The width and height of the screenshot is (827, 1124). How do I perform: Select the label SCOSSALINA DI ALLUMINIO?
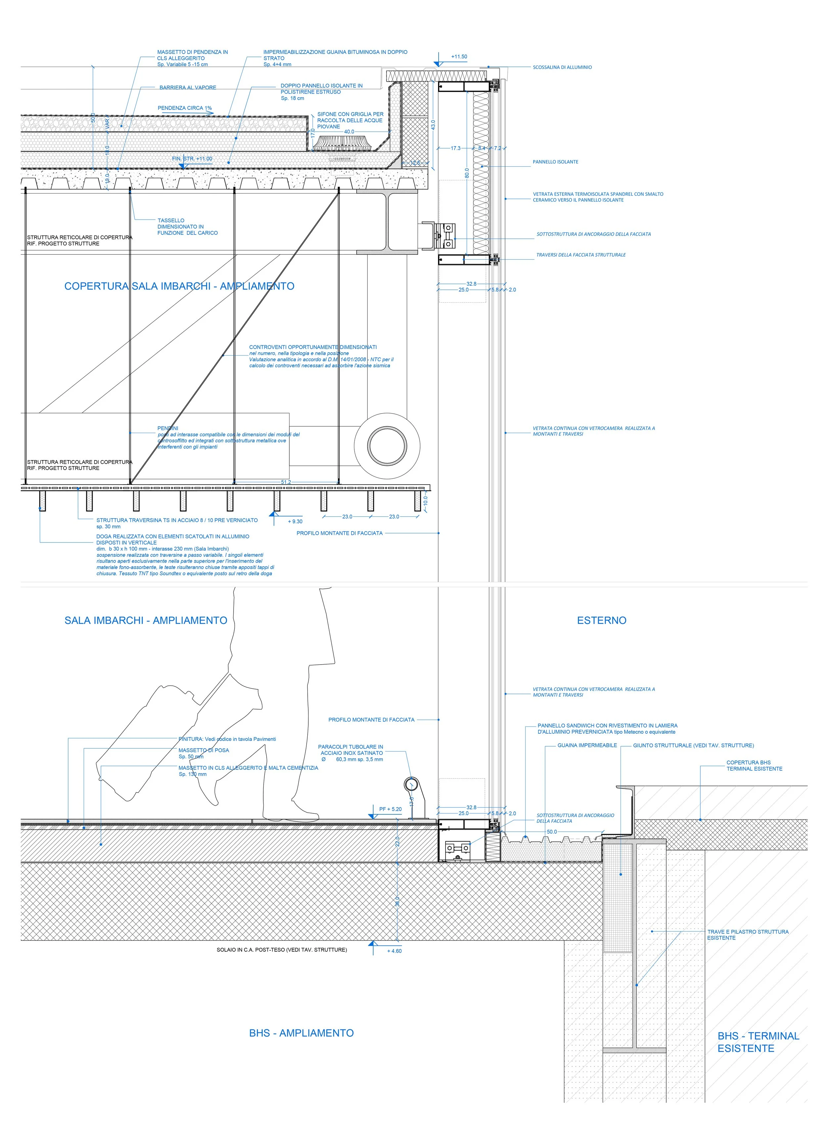point(562,67)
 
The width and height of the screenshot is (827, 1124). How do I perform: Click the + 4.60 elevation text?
point(394,951)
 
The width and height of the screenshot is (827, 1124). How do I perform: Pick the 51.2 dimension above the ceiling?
point(285,482)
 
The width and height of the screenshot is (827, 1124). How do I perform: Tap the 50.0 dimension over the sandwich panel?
point(551,832)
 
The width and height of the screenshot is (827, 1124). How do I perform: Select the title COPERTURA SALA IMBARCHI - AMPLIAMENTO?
point(179,286)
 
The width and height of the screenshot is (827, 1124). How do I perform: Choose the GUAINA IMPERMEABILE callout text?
point(587,745)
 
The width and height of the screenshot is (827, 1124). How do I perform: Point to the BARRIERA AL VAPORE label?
point(188,88)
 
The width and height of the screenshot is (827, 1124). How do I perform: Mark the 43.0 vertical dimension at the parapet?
point(433,125)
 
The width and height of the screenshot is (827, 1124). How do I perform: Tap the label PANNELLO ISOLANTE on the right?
point(555,162)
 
